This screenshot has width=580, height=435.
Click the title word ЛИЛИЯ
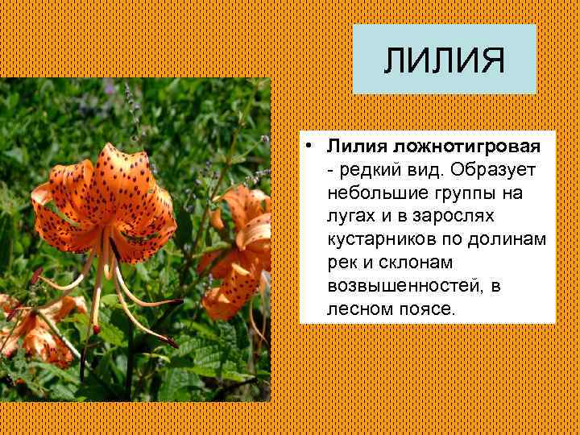click(444, 60)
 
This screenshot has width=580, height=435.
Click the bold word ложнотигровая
click(467, 147)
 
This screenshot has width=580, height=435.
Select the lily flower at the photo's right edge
click(242, 250)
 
